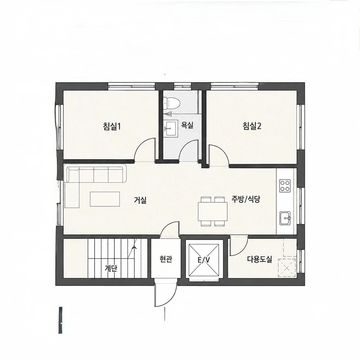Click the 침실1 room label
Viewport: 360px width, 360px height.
point(112,127)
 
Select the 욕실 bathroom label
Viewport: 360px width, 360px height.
point(187,125)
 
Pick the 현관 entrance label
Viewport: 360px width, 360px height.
point(166,259)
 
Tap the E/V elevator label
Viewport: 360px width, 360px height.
point(204,260)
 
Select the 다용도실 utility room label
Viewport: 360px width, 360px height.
point(260,259)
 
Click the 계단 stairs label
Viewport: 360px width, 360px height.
point(111,269)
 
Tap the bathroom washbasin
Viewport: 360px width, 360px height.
point(170,129)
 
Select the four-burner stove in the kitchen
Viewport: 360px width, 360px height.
point(285,186)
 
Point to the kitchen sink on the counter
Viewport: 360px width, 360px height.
point(285,218)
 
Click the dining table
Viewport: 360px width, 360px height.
point(213,211)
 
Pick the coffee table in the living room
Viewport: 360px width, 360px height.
point(104,199)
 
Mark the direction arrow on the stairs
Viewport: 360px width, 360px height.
point(134,247)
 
